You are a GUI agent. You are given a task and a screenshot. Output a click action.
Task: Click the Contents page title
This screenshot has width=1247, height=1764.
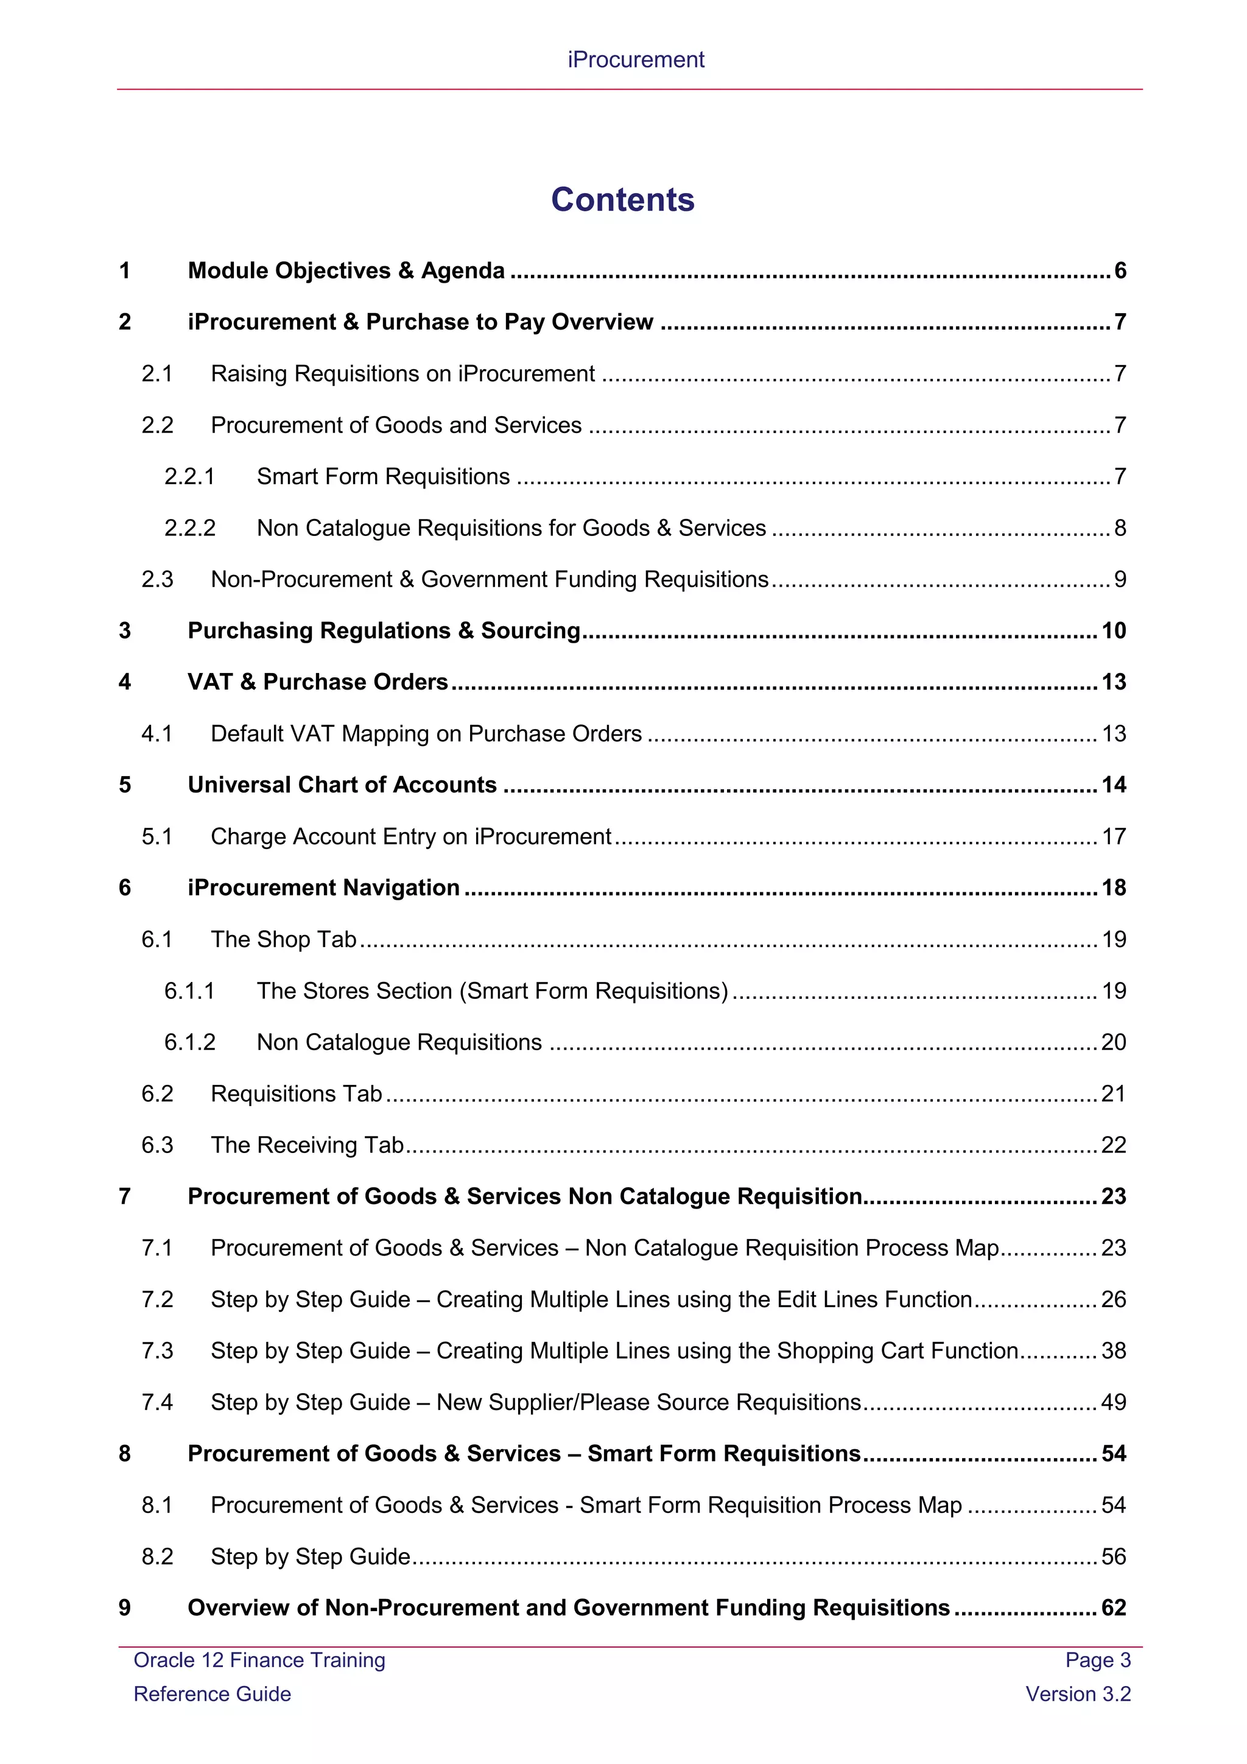(623, 200)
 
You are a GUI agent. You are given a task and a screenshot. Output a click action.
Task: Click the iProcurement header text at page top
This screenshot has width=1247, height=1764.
(636, 60)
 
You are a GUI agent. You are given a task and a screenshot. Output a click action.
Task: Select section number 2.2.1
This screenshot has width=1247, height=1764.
(189, 477)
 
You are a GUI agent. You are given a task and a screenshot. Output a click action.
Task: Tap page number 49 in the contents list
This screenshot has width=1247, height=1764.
(1114, 1402)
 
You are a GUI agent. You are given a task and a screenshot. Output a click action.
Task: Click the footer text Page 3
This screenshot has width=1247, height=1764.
(1098, 1660)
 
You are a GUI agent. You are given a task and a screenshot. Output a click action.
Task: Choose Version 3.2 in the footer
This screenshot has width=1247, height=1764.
(1078, 1694)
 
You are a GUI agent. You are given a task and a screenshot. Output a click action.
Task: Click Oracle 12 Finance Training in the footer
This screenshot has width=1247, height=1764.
(259, 1660)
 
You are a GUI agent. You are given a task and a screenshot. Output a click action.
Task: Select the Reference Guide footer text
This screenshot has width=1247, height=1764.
(213, 1694)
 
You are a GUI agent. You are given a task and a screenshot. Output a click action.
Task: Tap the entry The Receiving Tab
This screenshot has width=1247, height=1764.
(307, 1146)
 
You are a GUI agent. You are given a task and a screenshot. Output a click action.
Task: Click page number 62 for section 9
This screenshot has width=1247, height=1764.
(1114, 1608)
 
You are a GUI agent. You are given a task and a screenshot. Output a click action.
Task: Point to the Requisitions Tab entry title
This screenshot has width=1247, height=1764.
(297, 1094)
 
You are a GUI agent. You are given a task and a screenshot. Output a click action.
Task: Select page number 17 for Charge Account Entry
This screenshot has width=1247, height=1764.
(1114, 837)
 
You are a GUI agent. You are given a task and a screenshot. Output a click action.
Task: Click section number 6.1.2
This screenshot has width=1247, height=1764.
(189, 1043)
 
